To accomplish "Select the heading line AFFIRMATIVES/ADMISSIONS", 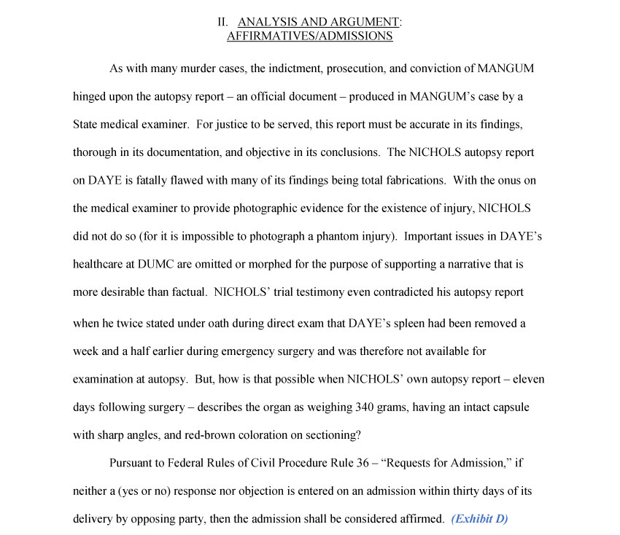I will [x=309, y=36].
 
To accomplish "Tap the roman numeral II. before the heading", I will [x=224, y=22].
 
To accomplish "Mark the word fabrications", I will [x=411, y=180].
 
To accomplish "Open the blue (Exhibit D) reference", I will [x=479, y=519].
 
